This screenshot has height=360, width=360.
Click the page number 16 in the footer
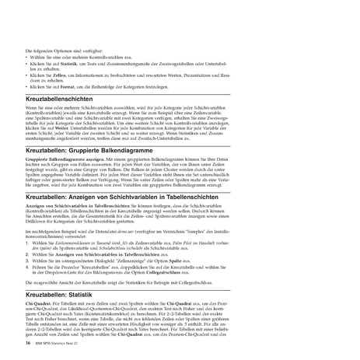coord(28,342)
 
